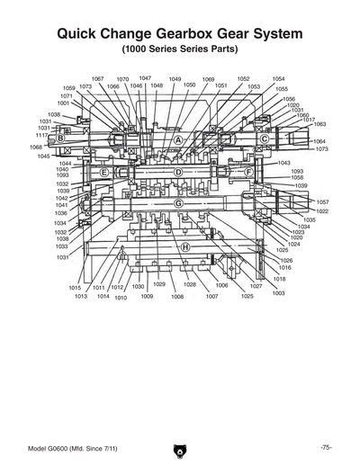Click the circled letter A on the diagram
pos(178,141)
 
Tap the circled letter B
pos(60,139)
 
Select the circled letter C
pos(265,139)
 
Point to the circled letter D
pos(178,171)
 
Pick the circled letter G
pos(178,203)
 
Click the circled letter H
pos(185,246)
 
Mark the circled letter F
pos(248,171)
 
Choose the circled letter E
pos(104,171)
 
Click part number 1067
pos(98,79)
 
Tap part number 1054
pos(278,79)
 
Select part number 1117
pos(41,135)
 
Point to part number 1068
pos(36,147)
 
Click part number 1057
pos(322,202)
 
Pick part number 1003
pos(278,293)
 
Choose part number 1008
pos(177,296)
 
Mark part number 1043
pos(283,163)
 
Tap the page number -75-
pos(326,447)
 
